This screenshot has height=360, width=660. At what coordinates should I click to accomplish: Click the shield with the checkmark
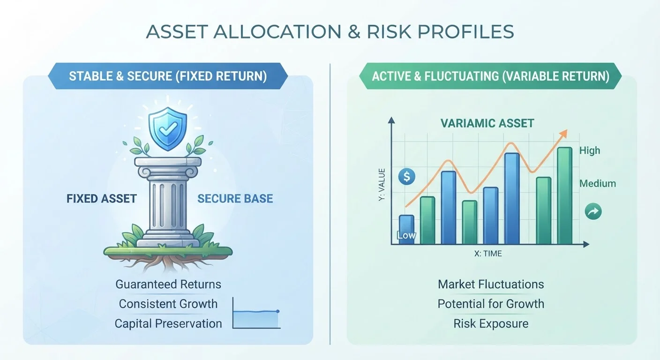168,128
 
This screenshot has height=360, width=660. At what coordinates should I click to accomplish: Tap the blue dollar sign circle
406,177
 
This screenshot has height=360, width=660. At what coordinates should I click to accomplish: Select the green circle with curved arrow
593,211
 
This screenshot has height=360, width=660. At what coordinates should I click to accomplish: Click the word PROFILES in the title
466,31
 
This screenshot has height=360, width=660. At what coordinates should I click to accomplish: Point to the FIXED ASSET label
102,199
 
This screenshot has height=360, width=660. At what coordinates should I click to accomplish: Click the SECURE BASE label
235,199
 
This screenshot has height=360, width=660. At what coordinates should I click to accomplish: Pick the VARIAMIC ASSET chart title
487,123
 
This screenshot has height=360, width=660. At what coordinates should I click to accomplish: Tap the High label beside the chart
590,150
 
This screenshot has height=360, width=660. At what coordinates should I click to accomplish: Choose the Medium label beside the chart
598,184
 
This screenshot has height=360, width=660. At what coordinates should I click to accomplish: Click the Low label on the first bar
406,235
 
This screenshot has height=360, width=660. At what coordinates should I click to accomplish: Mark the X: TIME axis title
488,254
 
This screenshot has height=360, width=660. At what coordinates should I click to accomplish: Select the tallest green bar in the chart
564,195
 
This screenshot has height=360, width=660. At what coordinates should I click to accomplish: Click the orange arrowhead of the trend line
563,133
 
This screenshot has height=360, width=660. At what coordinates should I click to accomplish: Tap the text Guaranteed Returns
168,284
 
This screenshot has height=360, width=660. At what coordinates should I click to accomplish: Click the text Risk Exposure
491,323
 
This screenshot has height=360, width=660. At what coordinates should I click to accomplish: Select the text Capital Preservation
168,323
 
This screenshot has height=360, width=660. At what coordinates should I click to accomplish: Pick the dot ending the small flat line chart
277,311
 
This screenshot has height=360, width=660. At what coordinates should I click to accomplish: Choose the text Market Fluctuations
491,284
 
